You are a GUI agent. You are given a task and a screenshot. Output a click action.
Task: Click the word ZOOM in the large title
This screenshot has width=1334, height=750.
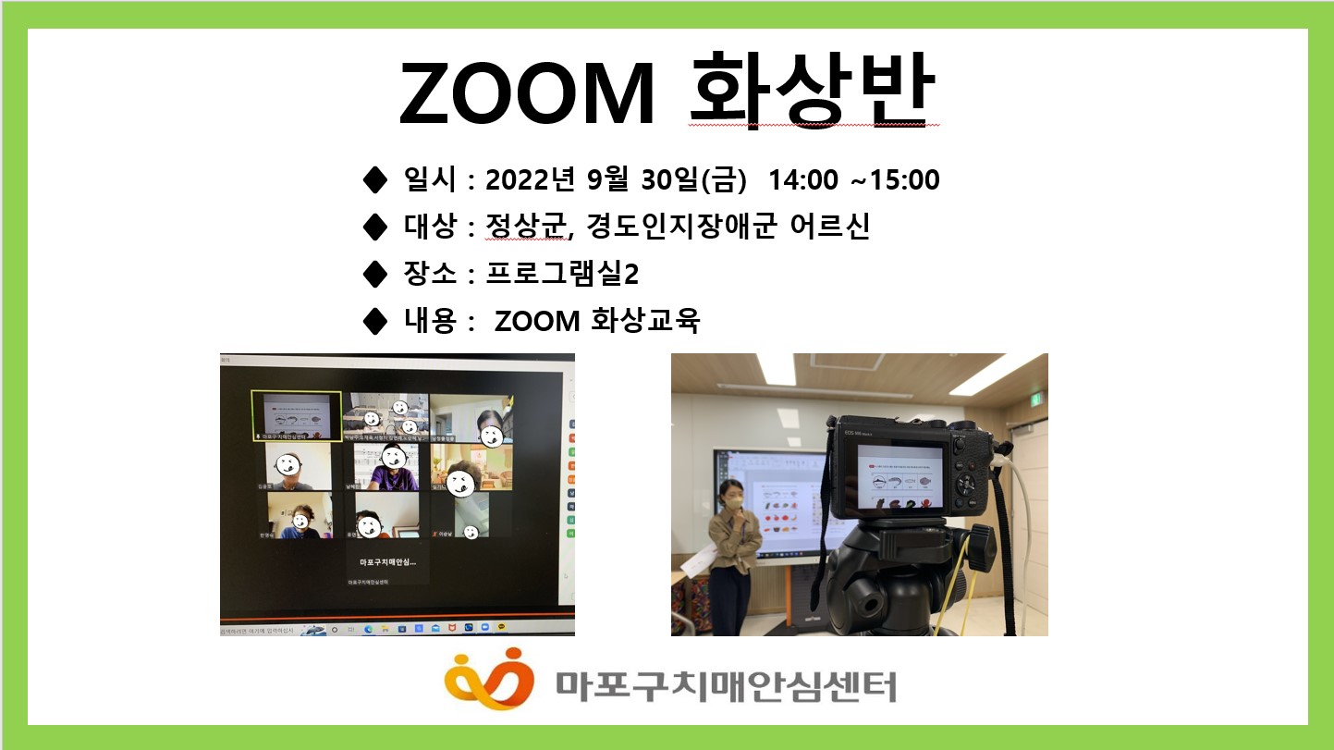(527, 94)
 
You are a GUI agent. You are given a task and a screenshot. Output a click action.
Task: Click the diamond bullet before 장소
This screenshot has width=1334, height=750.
(375, 274)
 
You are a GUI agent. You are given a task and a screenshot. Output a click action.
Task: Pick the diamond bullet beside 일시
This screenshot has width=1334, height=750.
(375, 179)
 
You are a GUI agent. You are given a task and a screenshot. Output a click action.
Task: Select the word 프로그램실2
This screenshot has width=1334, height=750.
(562, 275)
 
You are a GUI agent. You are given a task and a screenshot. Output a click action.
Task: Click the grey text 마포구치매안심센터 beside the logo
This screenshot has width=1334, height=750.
(726, 686)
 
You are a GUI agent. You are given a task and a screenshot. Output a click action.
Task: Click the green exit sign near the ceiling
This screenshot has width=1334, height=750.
(1036, 399)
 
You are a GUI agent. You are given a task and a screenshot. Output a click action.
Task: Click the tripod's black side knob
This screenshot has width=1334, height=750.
(980, 546)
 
